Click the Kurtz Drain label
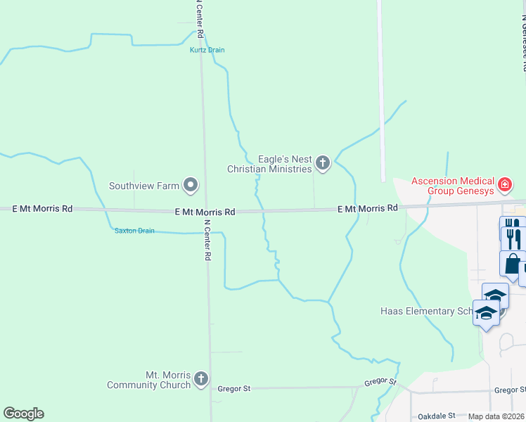click(x=207, y=50)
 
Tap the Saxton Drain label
click(x=134, y=231)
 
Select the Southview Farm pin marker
click(x=191, y=186)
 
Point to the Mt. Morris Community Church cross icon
click(x=201, y=380)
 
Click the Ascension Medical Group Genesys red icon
click(x=504, y=185)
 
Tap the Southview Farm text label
click(x=143, y=186)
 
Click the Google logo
click(x=23, y=414)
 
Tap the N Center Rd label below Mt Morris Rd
click(x=207, y=241)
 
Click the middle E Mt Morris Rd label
click(x=205, y=212)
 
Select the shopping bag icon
click(x=512, y=264)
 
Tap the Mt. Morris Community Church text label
click(x=148, y=380)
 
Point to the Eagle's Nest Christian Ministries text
click(x=269, y=165)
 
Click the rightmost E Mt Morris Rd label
click(x=368, y=208)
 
